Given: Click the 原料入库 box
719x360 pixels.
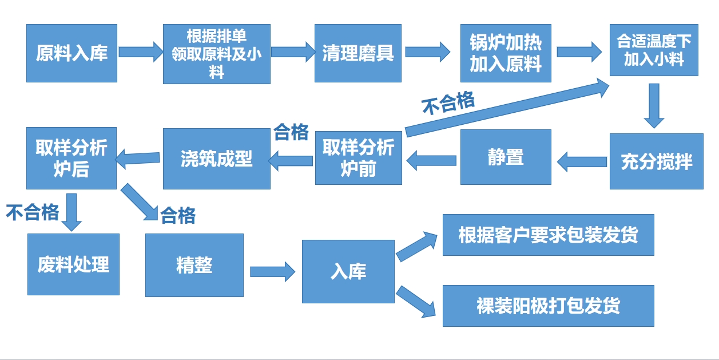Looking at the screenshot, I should coord(71,53).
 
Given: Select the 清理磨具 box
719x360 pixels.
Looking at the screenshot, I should coord(357,53).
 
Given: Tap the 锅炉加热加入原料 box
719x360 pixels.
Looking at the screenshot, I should coord(506,53).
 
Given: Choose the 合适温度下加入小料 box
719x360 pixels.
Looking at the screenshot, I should coord(654,50).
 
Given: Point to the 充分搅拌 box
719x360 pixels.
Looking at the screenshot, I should coord(656,161).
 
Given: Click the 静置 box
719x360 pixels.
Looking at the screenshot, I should coord(506,157).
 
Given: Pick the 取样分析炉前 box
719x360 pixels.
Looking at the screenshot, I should coord(358,157).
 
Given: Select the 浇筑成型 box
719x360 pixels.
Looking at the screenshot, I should coord(216,159).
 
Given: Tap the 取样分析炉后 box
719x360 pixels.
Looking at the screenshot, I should coord(71,158).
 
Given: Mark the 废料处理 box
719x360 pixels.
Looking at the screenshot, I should coord(73,264).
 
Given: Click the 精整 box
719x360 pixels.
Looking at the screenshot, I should coord(194,265).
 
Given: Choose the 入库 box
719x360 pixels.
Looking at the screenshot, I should coord(348,271).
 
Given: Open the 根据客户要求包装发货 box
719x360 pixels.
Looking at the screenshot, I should coord(548,235).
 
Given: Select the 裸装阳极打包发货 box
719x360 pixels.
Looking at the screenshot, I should coord(548,306).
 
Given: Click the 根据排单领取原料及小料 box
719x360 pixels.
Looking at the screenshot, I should coord(216,54).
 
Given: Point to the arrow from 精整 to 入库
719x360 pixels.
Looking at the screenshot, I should coord(272,271).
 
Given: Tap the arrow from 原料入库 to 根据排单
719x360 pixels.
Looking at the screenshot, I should coord(141,52).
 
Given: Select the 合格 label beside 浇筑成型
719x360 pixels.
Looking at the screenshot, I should coord(291,132).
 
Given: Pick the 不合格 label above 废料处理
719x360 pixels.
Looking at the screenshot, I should coord(33,212).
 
